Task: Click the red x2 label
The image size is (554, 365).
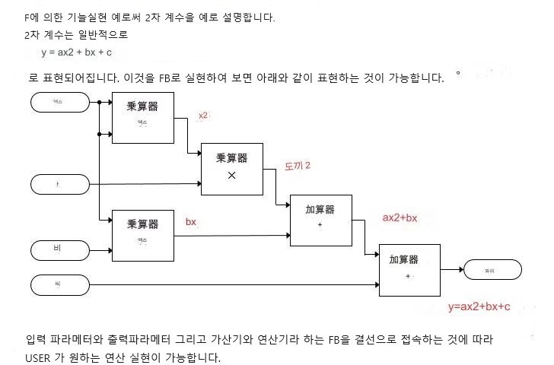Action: (x=202, y=115)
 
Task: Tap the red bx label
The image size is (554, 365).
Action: (x=191, y=221)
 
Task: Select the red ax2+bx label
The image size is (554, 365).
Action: (x=400, y=217)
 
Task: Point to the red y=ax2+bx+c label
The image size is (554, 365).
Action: (x=479, y=306)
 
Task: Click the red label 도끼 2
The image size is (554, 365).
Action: (x=298, y=165)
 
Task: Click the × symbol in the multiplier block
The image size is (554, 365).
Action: (x=232, y=175)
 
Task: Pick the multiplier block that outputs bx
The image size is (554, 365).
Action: (x=142, y=234)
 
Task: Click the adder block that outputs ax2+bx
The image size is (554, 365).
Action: (x=320, y=219)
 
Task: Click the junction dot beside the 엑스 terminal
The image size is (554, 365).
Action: (x=99, y=101)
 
